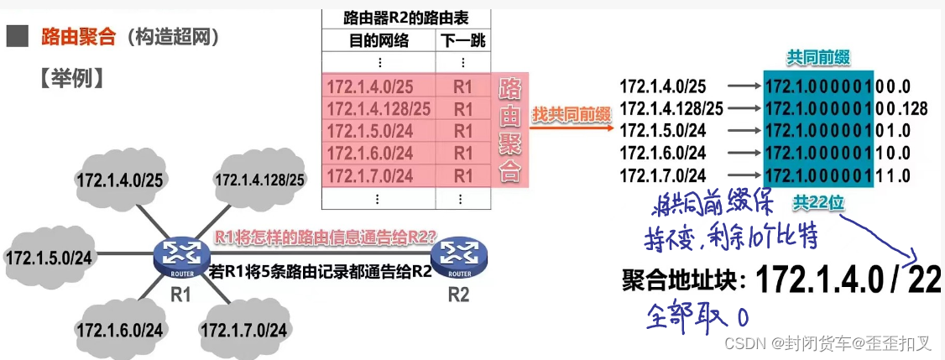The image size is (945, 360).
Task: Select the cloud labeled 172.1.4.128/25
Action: click(x=259, y=180)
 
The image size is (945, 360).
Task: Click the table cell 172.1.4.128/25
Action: click(x=379, y=108)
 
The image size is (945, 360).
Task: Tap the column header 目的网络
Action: click(x=378, y=40)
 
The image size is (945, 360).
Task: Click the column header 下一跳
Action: click(x=462, y=40)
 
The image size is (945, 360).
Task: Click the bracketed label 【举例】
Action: click(x=70, y=77)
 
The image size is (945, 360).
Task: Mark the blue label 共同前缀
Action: click(x=818, y=57)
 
